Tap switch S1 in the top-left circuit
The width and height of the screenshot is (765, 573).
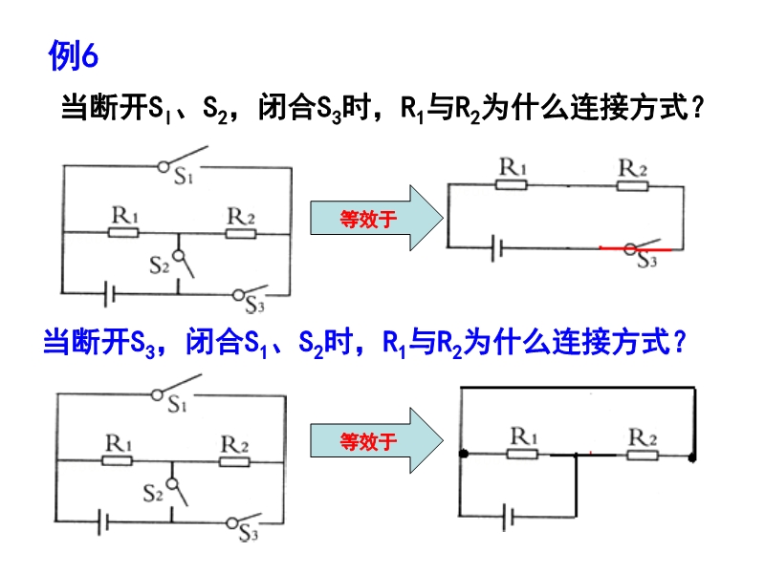click(x=183, y=160)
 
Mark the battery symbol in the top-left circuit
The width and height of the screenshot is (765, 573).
click(x=111, y=290)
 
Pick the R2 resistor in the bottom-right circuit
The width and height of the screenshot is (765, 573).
click(x=642, y=454)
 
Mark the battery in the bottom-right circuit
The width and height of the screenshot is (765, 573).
click(x=511, y=517)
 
